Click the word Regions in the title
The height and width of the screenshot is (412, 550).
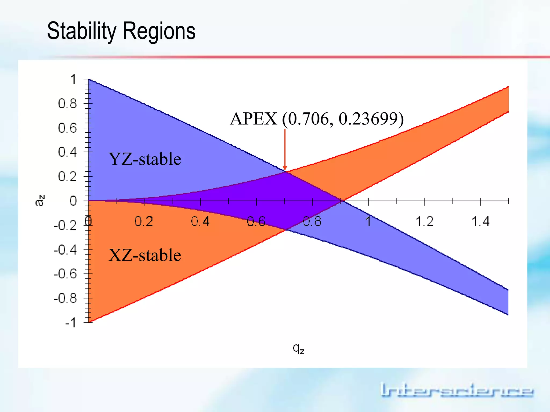(159, 31)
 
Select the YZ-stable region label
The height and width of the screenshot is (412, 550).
(145, 159)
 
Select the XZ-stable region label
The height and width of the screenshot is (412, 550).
(145, 255)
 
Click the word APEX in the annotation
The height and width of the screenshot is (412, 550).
(254, 119)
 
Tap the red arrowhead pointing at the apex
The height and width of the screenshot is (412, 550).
(285, 168)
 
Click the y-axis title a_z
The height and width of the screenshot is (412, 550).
(40, 201)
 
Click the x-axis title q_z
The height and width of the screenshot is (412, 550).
(298, 349)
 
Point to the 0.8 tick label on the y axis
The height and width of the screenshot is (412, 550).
(67, 104)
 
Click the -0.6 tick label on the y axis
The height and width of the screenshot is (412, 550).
(65, 274)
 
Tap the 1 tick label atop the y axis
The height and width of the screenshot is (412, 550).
(73, 80)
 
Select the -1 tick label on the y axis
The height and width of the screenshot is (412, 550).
(71, 323)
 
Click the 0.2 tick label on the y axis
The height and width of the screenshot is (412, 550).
(67, 177)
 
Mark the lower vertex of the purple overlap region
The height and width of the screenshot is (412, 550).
(286, 230)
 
